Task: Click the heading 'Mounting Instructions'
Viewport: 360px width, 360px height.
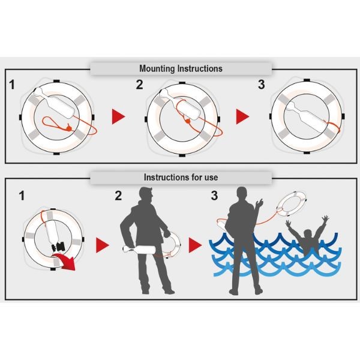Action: [x=181, y=68]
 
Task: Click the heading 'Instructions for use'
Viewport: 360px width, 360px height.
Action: [x=181, y=177]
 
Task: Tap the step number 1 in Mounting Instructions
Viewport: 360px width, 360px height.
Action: [x=12, y=85]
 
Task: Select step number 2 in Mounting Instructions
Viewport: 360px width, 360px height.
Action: [x=139, y=85]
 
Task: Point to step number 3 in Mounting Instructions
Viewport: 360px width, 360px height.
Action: [x=261, y=85]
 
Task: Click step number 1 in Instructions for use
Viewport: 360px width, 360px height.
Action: [x=22, y=196]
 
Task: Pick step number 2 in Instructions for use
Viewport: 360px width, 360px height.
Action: [x=118, y=196]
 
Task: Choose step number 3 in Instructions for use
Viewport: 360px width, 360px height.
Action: [x=214, y=196]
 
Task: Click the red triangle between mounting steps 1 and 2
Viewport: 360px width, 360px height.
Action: [x=118, y=116]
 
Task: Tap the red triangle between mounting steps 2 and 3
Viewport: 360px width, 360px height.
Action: [x=242, y=116]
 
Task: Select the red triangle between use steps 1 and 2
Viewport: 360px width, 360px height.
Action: [x=103, y=245]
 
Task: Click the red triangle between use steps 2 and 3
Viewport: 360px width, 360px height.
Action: [x=195, y=245]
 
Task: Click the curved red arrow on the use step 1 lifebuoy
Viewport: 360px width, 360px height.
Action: [x=65, y=261]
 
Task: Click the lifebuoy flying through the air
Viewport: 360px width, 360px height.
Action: [x=292, y=204]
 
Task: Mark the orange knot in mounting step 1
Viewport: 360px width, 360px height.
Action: [x=68, y=127]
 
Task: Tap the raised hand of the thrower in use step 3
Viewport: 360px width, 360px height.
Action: [x=259, y=203]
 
